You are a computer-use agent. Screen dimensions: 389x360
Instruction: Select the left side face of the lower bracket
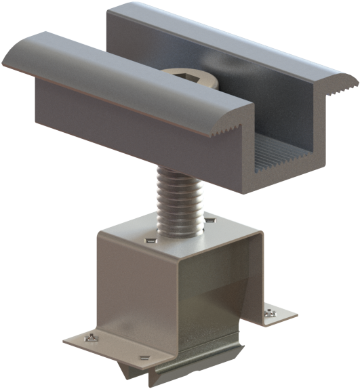136,291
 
